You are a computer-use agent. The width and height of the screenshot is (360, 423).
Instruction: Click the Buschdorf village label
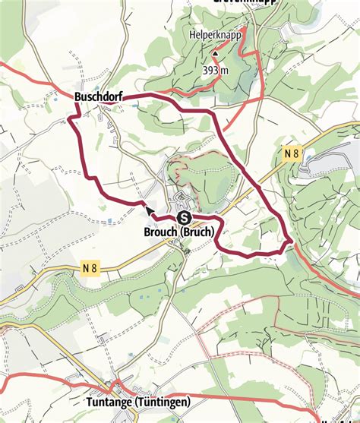coord(99,97)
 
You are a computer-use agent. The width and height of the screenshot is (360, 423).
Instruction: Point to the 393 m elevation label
coord(216,70)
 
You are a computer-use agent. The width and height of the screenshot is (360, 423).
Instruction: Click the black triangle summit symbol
coord(215,54)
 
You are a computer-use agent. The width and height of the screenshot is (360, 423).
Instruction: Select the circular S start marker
coord(183,218)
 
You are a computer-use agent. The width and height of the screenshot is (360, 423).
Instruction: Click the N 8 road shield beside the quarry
coord(292,154)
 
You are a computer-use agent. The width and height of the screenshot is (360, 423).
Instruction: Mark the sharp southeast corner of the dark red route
coord(292,243)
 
